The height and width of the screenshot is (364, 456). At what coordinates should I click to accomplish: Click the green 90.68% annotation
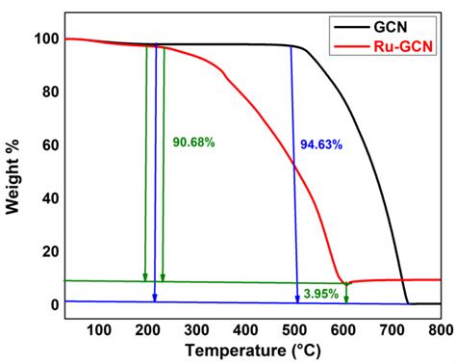pyautogui.click(x=193, y=143)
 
